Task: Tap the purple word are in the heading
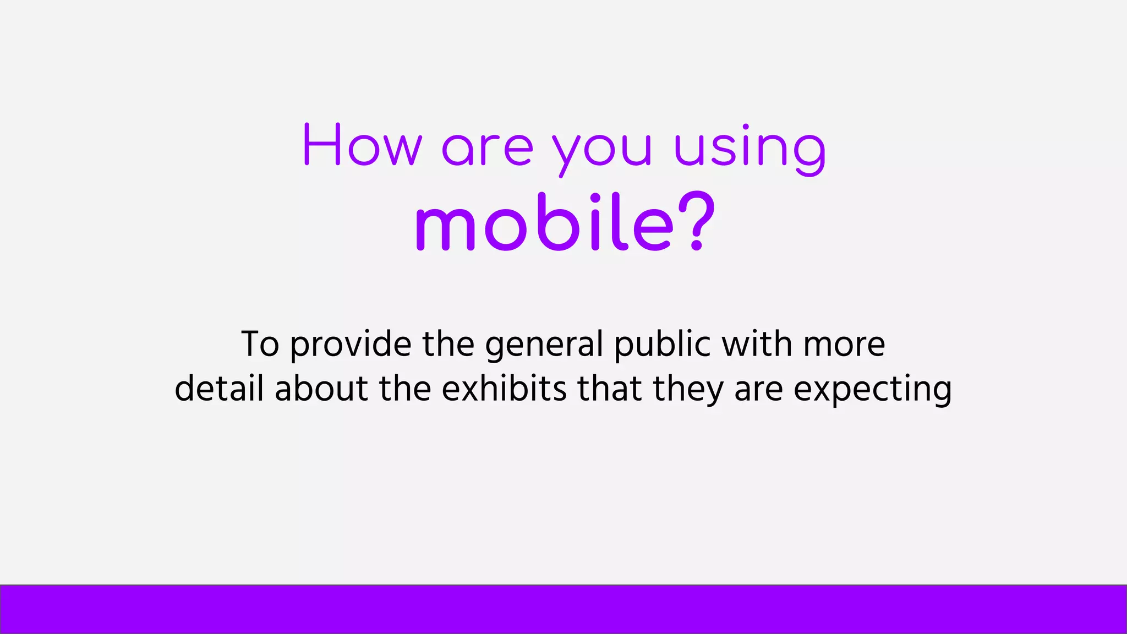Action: (x=488, y=149)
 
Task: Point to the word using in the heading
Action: (x=750, y=149)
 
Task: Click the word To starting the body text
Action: (x=260, y=345)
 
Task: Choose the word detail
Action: (x=219, y=388)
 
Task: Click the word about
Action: (x=321, y=388)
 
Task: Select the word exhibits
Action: (x=504, y=388)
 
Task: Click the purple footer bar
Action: (x=563, y=609)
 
